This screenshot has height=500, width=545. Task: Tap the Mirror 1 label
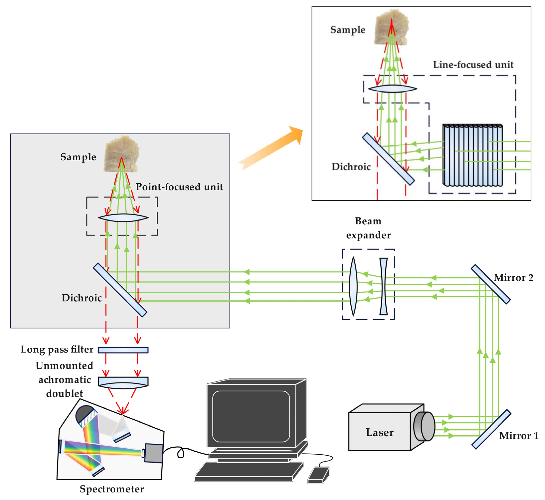[519, 436]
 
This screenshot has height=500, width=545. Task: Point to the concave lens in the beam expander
[383, 286]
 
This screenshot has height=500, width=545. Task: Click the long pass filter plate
[123, 350]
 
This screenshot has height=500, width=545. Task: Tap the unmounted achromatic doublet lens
[123, 382]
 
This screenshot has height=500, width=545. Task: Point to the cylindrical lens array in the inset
[472, 155]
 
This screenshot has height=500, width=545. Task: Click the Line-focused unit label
[473, 65]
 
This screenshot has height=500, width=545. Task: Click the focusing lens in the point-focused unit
[123, 218]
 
